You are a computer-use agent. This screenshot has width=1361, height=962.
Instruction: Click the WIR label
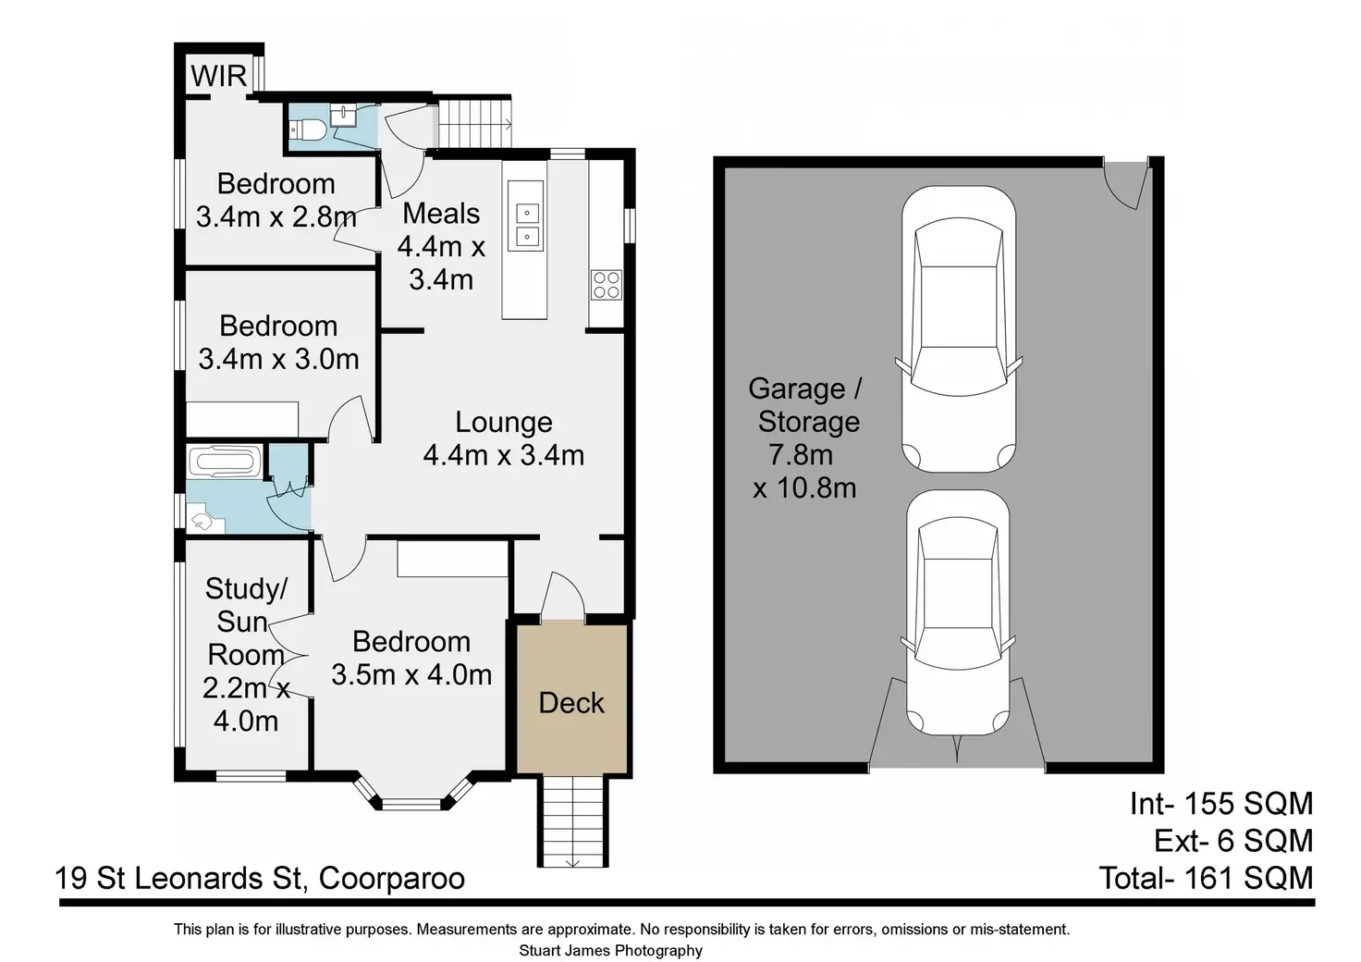point(219,77)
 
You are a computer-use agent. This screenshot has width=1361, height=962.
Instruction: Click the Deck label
point(571,703)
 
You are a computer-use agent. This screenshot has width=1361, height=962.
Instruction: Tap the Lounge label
point(504,423)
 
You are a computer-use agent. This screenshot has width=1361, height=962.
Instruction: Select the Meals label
point(441,214)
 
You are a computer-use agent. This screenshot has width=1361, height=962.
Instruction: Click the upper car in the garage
point(959,328)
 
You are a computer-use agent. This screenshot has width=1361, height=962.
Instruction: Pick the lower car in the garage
point(958,612)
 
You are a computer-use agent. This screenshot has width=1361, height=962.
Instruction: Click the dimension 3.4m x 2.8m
point(276,217)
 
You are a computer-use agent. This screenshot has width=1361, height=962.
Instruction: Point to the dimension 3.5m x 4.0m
point(411,675)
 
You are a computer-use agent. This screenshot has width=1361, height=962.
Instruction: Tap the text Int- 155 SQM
point(1221,804)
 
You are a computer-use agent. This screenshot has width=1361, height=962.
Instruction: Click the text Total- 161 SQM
point(1206,878)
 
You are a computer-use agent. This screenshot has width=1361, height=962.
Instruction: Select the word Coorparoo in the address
point(392,879)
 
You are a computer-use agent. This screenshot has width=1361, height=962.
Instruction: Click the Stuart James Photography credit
point(610,951)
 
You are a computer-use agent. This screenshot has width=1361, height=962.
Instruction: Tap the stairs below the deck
point(572,821)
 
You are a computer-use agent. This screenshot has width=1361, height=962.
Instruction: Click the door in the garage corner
point(1127,183)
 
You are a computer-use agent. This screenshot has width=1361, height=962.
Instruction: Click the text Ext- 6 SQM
point(1233,841)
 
